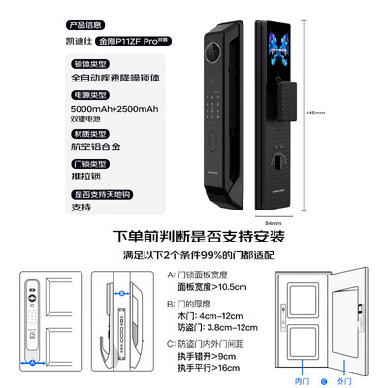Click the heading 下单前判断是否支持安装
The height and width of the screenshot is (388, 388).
pos(194,238)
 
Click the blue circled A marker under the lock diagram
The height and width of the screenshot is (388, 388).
pos(33,362)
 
